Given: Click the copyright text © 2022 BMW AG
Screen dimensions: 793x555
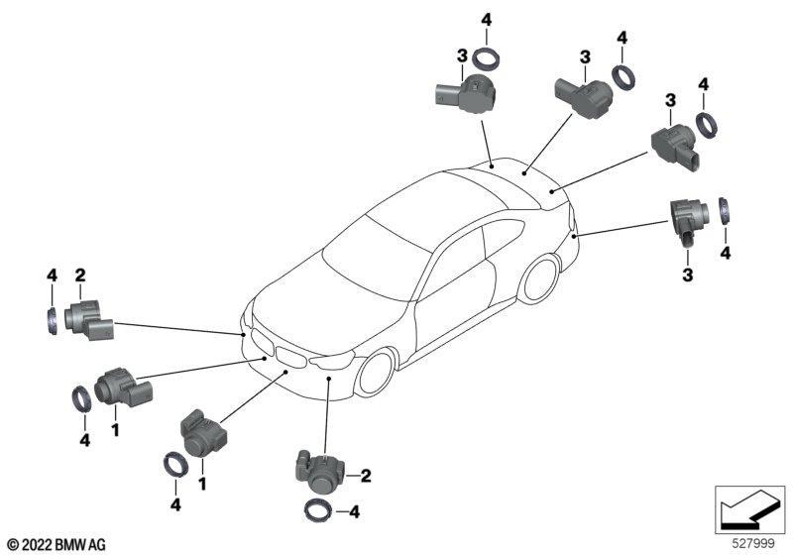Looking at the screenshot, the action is tap(57, 545).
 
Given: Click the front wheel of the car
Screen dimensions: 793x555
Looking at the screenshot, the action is tap(376, 373).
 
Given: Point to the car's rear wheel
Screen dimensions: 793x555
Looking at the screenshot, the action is tap(541, 279).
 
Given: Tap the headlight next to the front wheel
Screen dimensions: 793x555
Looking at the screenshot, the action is tap(332, 361).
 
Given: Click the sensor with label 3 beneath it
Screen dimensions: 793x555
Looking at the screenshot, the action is tap(688, 221).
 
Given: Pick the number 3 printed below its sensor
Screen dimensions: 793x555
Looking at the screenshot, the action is tap(687, 275).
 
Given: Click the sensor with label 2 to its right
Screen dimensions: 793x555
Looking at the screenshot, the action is tap(320, 471).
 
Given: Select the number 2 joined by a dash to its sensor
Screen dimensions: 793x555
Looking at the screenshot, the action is tap(366, 476).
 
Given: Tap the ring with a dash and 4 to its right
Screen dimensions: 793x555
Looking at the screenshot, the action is tap(318, 510).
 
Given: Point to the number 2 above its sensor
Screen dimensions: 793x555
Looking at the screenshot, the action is tap(80, 276).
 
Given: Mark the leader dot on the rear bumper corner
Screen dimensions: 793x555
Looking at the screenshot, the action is tap(574, 236).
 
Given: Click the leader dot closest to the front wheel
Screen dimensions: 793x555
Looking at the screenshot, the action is tap(328, 378).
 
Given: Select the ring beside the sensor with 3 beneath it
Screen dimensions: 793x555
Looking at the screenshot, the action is tap(724, 210).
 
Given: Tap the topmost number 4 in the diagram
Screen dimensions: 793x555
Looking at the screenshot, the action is tap(486, 20).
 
